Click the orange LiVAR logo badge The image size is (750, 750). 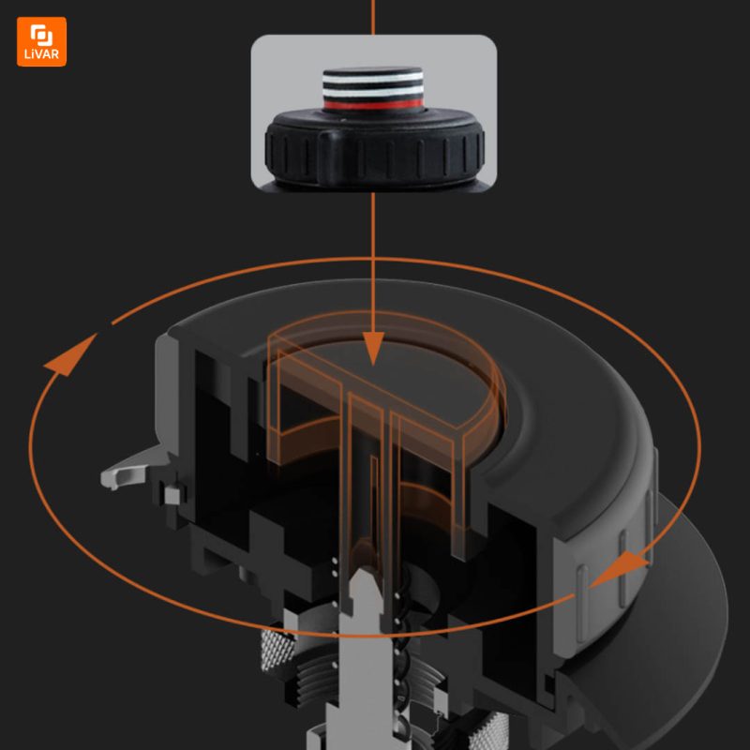click(x=41, y=41)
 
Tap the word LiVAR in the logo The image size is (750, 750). click(x=41, y=54)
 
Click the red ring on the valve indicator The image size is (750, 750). click(x=373, y=104)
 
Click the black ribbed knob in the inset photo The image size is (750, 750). click(x=374, y=147)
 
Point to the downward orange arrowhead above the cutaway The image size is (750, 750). click(x=373, y=348)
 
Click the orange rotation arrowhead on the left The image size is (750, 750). click(x=70, y=354)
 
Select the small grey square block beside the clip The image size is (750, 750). click(x=172, y=496)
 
